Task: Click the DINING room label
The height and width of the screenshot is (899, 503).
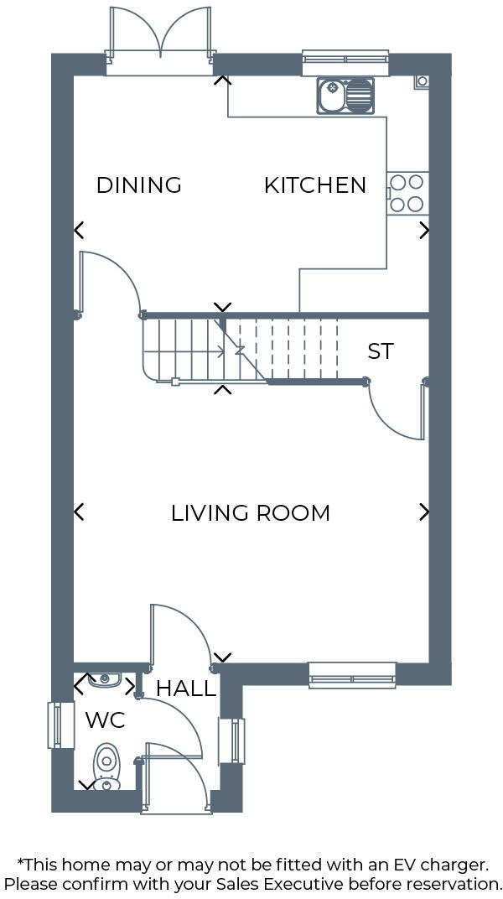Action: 139,185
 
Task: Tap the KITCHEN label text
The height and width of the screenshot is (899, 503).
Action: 315,185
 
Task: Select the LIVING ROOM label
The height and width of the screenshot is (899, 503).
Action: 251,512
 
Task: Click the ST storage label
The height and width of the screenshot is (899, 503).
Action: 381,351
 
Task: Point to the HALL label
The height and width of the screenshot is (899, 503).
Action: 186,689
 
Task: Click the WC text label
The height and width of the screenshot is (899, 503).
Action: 106,720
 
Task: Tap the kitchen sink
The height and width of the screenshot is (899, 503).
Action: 345,96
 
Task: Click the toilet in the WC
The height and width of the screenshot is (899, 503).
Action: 106,766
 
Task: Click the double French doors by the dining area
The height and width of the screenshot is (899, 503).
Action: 159,38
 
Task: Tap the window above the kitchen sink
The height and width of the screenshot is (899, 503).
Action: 345,59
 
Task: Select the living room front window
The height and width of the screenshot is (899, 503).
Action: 352,675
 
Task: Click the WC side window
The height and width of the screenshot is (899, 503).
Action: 55,725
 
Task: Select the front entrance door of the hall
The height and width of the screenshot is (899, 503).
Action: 172,776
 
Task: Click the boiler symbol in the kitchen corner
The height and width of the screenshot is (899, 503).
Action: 422,81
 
